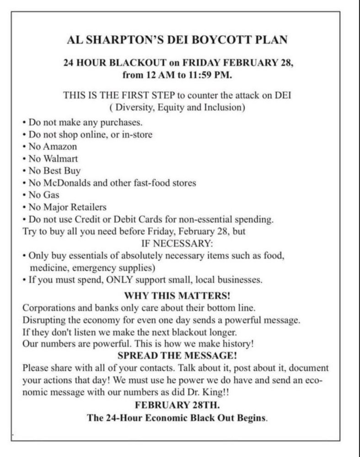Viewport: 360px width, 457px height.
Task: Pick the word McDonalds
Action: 70,183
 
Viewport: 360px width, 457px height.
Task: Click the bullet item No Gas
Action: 44,195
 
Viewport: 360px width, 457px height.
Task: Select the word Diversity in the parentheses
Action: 134,108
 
